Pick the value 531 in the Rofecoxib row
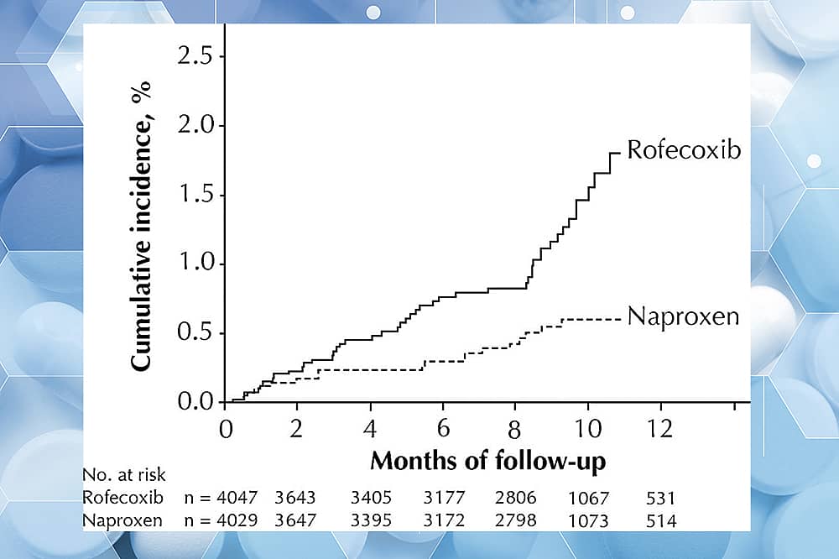point(659,499)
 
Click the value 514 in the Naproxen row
point(659,521)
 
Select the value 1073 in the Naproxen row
point(588,521)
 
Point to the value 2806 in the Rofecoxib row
point(516,499)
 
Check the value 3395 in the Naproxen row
point(370,521)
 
